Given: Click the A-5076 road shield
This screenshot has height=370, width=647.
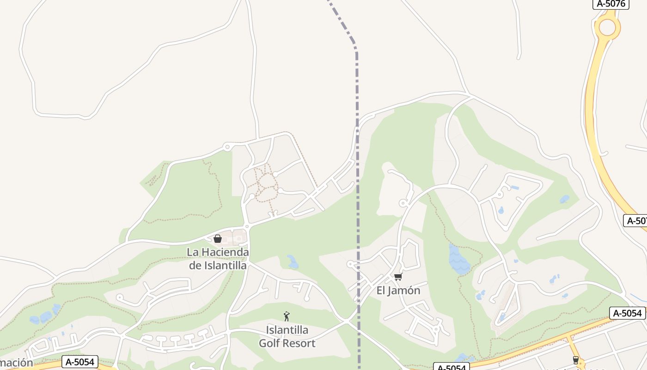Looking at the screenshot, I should click(x=610, y=4).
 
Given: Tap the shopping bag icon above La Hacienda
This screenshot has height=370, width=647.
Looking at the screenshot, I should click(x=217, y=239).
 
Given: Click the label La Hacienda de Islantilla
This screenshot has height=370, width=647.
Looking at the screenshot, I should click(x=218, y=259).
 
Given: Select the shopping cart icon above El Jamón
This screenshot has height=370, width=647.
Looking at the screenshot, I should click(x=398, y=277).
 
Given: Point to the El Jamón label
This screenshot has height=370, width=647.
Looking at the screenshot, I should click(x=398, y=290).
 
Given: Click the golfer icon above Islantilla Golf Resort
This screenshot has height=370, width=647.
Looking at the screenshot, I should click(x=287, y=316).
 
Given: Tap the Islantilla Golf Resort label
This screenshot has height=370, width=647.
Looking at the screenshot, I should click(x=287, y=337).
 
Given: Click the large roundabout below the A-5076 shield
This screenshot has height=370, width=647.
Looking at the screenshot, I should click(x=607, y=27).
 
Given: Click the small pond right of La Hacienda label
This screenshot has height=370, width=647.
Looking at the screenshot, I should click(x=292, y=262).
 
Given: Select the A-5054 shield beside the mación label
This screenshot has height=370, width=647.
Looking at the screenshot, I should click(x=80, y=362).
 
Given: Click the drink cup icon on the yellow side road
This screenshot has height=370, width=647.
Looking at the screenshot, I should click(x=575, y=360).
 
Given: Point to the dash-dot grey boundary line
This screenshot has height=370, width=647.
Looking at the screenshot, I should click(x=357, y=185).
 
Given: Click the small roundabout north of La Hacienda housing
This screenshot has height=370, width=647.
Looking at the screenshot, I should click(x=226, y=147).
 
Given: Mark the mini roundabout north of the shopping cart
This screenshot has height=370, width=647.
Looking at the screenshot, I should click(x=403, y=203).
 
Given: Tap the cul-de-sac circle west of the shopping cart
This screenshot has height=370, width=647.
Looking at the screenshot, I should click(x=350, y=264).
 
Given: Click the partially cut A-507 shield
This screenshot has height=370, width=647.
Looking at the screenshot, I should click(x=636, y=221).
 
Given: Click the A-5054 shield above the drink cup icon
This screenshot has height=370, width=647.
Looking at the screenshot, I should click(x=627, y=313).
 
